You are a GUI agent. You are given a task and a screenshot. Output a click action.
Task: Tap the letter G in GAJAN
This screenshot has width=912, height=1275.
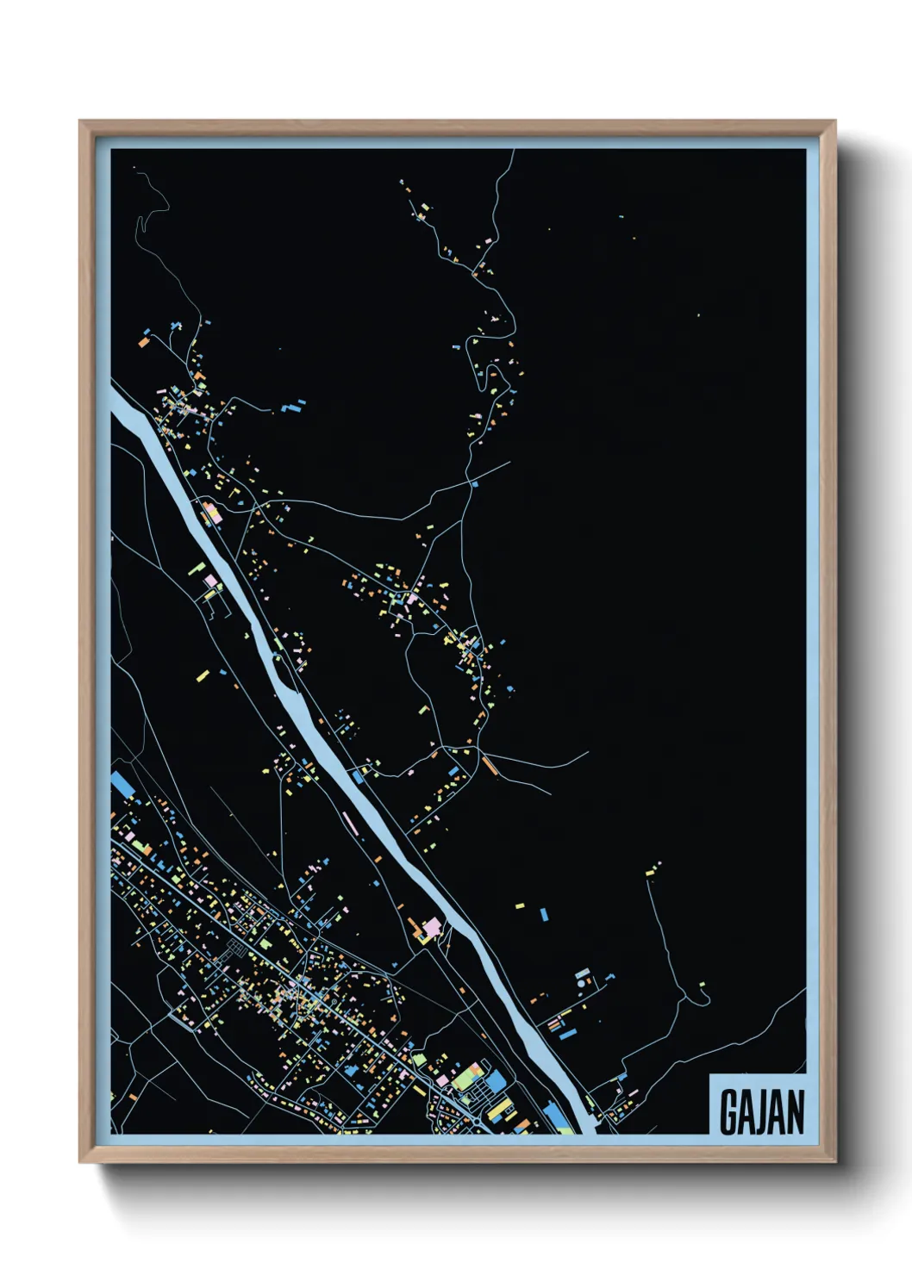tap(728, 1112)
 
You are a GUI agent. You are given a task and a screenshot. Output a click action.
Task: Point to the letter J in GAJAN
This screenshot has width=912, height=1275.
tap(762, 1112)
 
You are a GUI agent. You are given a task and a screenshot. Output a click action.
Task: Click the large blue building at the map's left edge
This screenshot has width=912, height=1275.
tap(122, 784)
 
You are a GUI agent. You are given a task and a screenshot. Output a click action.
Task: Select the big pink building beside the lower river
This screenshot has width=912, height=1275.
tap(431, 928)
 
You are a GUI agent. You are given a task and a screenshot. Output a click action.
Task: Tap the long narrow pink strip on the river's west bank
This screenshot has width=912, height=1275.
tap(350, 823)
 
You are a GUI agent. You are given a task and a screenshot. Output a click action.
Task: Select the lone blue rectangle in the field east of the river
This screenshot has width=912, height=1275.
tap(544, 913)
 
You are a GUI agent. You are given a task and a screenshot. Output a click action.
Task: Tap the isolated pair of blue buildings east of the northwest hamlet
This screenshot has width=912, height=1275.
tap(294, 405)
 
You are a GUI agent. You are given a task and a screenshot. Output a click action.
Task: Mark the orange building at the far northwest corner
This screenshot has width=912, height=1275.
tap(143, 342)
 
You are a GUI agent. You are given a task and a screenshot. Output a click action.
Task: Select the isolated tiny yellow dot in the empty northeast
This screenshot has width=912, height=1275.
tap(698, 315)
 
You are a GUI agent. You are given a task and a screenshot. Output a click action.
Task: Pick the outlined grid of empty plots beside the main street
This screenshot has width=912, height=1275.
tap(235, 951)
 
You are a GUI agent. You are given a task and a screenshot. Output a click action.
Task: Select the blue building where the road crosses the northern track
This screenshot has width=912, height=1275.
tap(473, 485)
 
